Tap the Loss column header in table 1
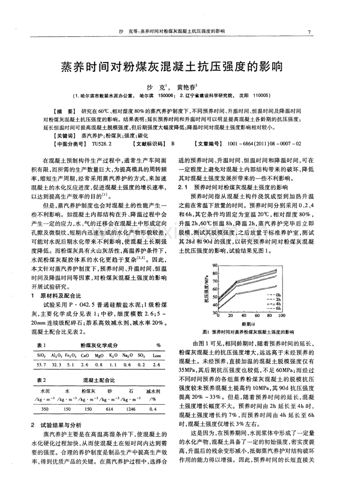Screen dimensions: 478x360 [157, 355]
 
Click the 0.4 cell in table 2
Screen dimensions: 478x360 [153, 410]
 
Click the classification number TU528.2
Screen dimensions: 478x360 [101, 144]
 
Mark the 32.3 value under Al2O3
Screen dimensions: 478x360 [56, 364]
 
